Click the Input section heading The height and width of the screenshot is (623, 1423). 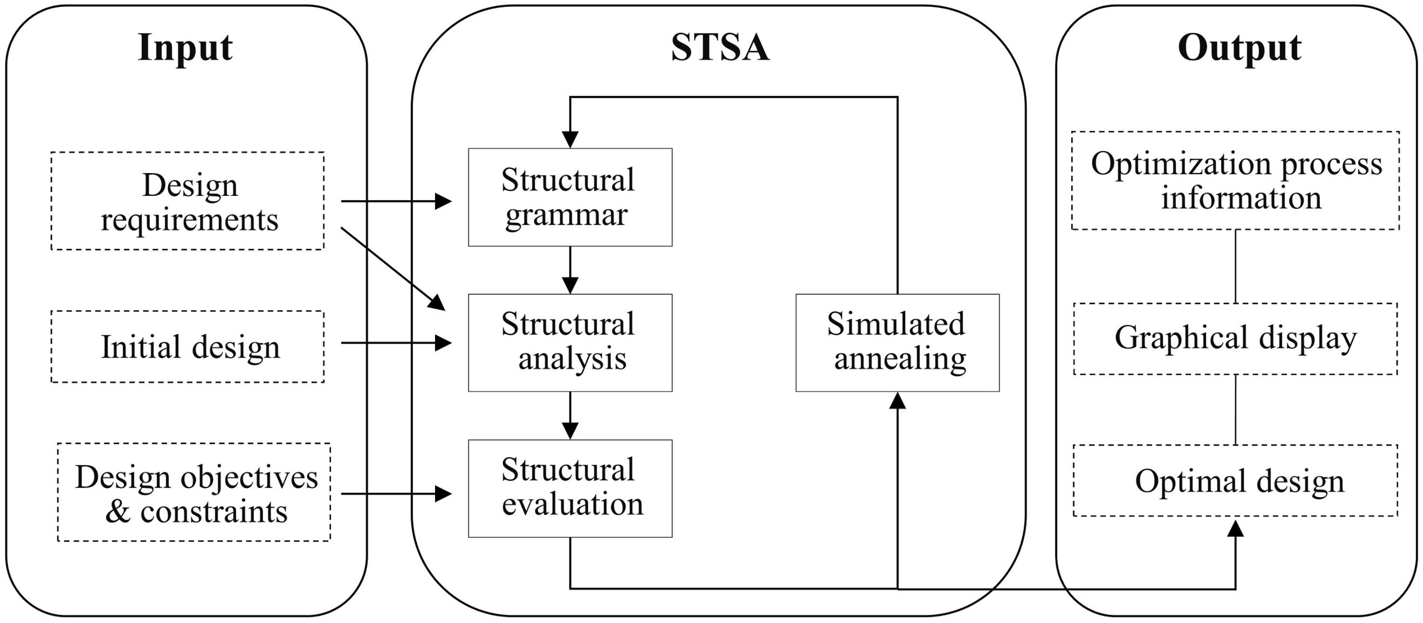click(x=185, y=48)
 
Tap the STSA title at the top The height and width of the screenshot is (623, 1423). click(x=719, y=48)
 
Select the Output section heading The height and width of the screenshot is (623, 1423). click(x=1239, y=48)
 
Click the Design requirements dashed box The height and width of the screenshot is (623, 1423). click(x=188, y=201)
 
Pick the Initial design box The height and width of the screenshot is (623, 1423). click(x=188, y=347)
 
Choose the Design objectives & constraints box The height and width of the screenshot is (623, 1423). click(x=195, y=492)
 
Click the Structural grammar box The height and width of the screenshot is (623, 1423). click(x=570, y=197)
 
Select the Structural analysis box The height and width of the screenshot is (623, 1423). click(x=570, y=343)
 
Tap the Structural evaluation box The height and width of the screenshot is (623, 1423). click(x=570, y=488)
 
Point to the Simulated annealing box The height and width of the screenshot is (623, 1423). click(x=897, y=343)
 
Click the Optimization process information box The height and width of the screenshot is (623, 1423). click(x=1235, y=181)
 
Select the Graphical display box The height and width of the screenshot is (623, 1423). click(x=1235, y=339)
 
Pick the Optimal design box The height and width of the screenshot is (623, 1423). click(x=1235, y=481)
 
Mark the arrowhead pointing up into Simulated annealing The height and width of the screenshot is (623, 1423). click(x=897, y=401)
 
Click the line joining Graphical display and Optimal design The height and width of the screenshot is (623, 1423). click(x=1235, y=409)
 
